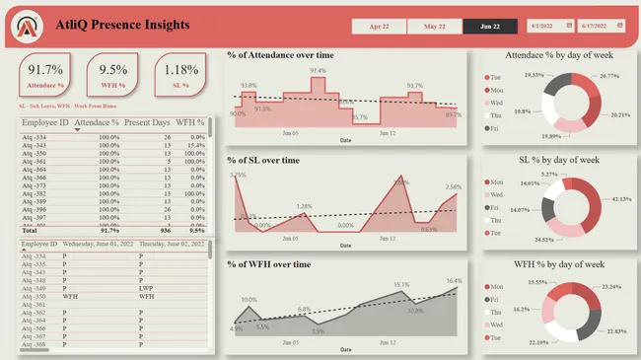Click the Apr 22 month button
pyautogui.click(x=379, y=26)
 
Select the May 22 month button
pyautogui.click(x=434, y=26)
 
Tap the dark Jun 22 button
pyautogui.click(x=490, y=26)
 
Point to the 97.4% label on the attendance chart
pyautogui.click(x=318, y=71)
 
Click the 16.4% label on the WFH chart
pyautogui.click(x=453, y=281)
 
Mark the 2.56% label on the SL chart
pyautogui.click(x=453, y=187)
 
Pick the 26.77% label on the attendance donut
pyautogui.click(x=608, y=76)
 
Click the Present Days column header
pyautogui.click(x=153, y=123)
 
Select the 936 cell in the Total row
pyautogui.click(x=166, y=229)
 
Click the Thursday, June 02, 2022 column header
pyautogui.click(x=172, y=243)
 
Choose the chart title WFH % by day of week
pyautogui.click(x=552, y=264)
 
